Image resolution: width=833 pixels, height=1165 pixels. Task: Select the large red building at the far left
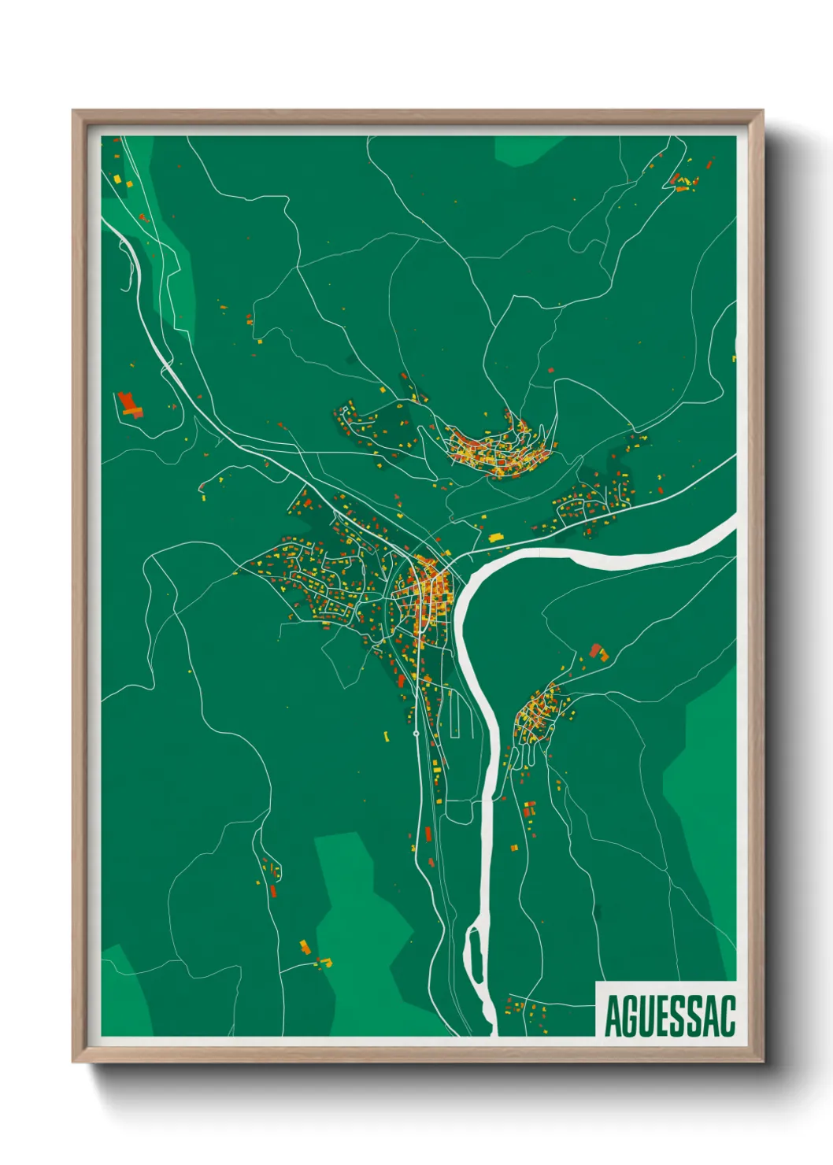click(128, 404)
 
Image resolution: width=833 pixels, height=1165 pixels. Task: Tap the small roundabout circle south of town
click(416, 734)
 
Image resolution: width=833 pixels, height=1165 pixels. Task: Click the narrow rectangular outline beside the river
click(455, 713)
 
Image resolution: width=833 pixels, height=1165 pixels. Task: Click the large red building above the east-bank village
click(598, 652)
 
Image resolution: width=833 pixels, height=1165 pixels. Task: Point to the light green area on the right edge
click(705, 771)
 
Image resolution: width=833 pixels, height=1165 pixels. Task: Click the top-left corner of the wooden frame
click(74, 112)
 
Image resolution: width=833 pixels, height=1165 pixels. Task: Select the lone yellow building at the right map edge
click(734, 359)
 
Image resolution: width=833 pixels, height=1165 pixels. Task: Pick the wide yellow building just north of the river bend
click(496, 538)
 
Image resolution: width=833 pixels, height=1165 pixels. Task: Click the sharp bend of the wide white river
click(465, 598)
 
